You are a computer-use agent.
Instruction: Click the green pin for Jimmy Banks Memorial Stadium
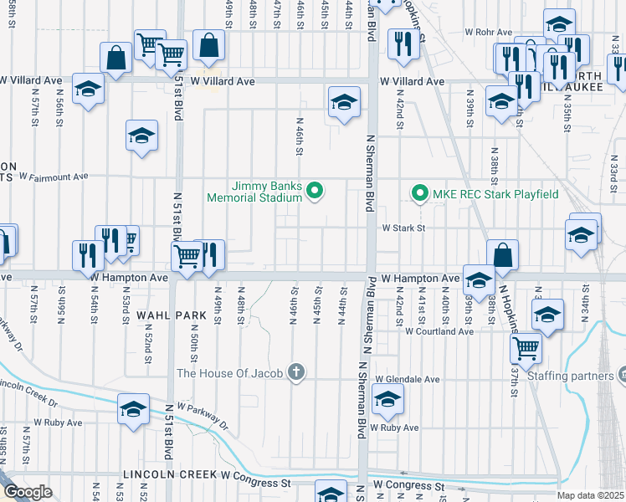click(x=315, y=192)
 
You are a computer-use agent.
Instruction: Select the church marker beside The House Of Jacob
click(x=295, y=372)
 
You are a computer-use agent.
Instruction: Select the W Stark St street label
click(x=404, y=228)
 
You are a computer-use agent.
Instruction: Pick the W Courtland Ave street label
click(x=439, y=331)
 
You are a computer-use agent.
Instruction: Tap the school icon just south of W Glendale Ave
click(x=387, y=402)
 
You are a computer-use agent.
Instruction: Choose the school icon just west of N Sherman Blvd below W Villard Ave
click(x=342, y=103)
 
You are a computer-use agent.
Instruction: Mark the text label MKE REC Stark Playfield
click(x=495, y=194)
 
